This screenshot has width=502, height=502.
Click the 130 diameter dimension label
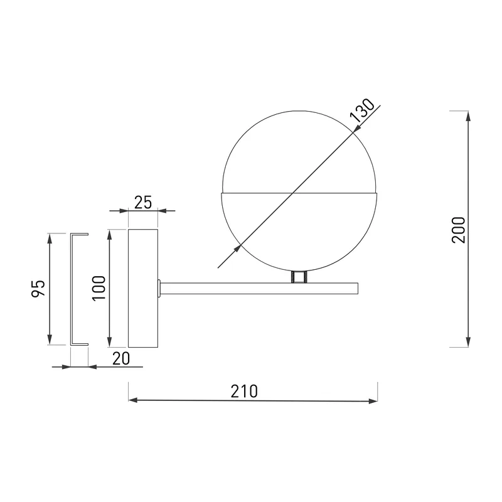click(362, 110)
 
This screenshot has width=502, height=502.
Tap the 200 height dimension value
click(459, 230)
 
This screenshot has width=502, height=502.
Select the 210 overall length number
click(244, 391)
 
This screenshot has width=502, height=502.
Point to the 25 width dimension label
click(143, 202)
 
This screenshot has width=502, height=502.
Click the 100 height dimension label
click(99, 288)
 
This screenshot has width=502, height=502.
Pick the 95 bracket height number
click(38, 289)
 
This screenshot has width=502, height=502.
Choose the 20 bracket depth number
click(121, 358)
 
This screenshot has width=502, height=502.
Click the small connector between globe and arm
click(299, 277)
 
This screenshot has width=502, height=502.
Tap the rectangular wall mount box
click(143, 288)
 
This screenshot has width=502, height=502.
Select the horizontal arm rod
click(259, 289)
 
